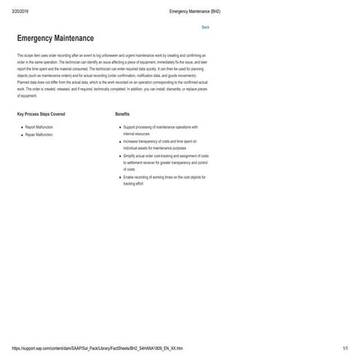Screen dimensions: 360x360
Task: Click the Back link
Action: (205, 27)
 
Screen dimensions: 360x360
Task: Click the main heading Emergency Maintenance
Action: (55, 39)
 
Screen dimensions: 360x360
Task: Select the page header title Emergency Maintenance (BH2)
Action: (194, 12)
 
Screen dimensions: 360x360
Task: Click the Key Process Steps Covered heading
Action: (41, 114)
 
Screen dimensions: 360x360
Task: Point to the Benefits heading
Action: (122, 114)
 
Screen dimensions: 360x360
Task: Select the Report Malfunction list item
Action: (39, 127)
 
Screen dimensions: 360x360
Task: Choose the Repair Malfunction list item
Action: (39, 135)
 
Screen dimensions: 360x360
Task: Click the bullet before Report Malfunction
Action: (22, 127)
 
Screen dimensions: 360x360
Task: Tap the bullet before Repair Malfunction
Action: (22, 135)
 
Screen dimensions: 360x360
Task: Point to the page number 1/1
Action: (345, 348)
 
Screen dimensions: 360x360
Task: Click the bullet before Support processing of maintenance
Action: (120, 127)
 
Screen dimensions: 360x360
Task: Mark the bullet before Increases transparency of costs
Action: (120, 141)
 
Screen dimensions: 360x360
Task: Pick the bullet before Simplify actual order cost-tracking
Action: (120, 156)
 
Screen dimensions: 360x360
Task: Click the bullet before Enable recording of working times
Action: (120, 177)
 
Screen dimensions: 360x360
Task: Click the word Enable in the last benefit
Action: (128, 177)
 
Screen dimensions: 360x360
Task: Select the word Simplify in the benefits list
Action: (129, 156)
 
